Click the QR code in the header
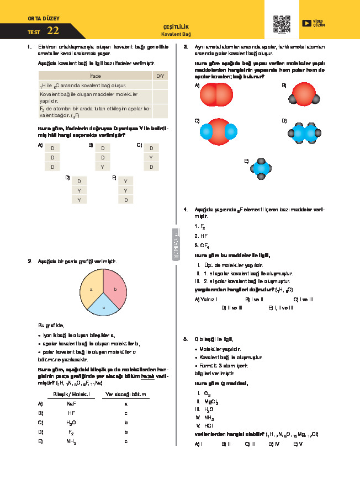(282, 24)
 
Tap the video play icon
(306, 23)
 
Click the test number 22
(53, 31)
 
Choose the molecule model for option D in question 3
(303, 133)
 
